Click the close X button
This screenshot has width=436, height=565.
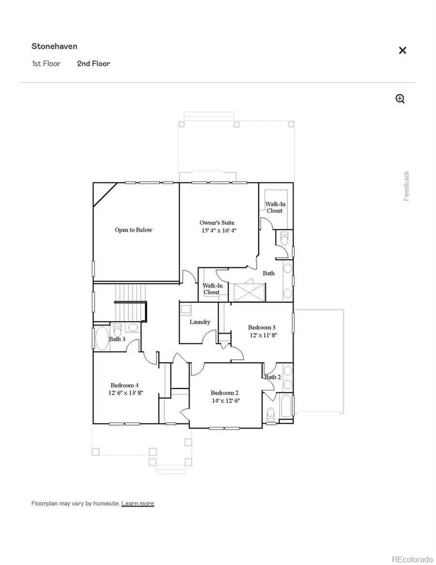coord(402,50)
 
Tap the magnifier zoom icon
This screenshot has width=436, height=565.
coord(400,99)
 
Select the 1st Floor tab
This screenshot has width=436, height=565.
coord(46,64)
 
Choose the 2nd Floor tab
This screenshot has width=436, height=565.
coord(93,64)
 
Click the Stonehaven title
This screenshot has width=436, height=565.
coord(54,47)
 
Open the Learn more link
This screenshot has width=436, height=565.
coord(138,503)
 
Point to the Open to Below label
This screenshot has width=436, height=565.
coord(133,230)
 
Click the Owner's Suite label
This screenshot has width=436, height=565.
coord(218,223)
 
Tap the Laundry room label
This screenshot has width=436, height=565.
coord(200,322)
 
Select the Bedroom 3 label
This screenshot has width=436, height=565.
coord(262,327)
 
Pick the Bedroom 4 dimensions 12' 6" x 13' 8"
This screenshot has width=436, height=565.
coord(126,393)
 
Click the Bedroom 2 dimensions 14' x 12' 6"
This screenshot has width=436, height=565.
coord(225,401)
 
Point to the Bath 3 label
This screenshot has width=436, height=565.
coord(117,339)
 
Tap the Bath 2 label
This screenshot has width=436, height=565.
coord(272,377)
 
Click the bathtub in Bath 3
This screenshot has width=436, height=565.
coord(102,338)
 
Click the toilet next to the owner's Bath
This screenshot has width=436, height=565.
coord(284,239)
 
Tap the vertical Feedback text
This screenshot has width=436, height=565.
coord(406,186)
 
